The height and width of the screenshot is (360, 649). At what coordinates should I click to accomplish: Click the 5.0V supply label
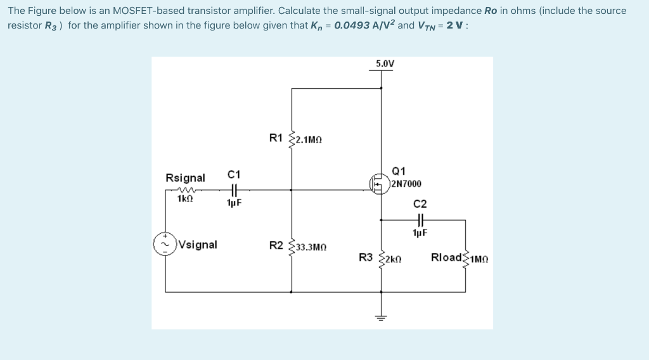(x=384, y=63)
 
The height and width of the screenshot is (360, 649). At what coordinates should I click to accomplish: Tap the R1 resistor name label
(x=276, y=138)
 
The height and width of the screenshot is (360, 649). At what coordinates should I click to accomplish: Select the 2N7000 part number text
(x=406, y=184)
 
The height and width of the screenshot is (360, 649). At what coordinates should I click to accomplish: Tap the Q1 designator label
(x=399, y=171)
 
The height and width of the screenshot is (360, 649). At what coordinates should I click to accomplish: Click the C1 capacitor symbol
(x=234, y=188)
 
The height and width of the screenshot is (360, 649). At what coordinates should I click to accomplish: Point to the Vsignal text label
(x=198, y=245)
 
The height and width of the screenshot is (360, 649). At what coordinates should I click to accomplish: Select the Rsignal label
(x=185, y=177)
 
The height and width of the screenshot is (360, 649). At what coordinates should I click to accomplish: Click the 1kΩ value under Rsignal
(x=185, y=198)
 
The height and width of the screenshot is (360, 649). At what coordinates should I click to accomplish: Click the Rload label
(x=446, y=257)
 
